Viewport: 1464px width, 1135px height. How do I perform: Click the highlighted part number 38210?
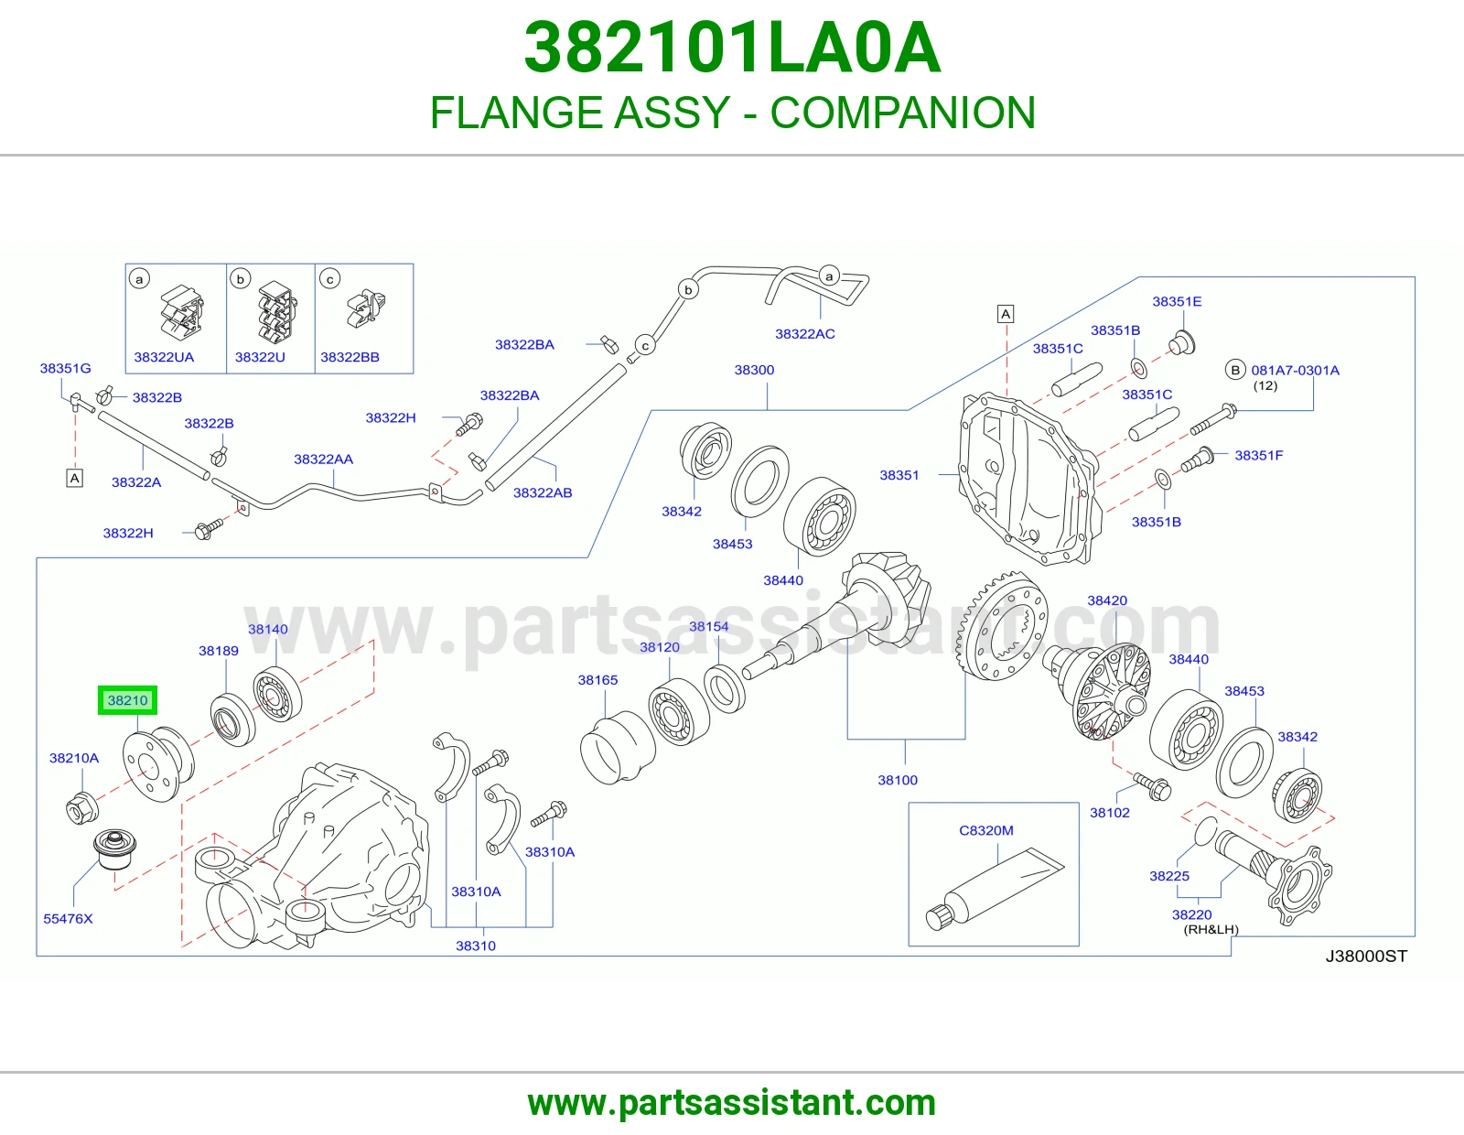point(127,700)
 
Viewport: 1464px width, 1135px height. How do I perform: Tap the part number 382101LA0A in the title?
point(732,48)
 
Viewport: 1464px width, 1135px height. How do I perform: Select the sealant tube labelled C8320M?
point(995,889)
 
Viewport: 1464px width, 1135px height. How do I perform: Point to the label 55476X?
point(68,919)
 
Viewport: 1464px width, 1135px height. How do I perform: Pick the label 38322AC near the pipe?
point(804,333)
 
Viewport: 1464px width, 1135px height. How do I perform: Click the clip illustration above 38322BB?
point(366,308)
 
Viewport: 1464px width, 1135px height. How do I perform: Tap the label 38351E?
point(1177,301)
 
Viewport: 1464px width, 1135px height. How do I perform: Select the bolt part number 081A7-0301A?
point(1295,370)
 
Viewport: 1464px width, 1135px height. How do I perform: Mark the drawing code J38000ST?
point(1366,956)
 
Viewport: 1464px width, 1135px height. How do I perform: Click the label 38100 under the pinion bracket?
point(898,780)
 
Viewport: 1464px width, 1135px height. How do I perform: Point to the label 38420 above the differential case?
point(1107,600)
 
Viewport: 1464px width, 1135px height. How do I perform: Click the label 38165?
point(597,679)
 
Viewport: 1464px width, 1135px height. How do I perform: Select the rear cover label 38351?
point(899,475)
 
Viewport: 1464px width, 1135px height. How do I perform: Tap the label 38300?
point(754,370)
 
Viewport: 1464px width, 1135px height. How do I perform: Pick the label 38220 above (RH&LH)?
point(1192,914)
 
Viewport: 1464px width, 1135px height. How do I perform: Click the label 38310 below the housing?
point(476,946)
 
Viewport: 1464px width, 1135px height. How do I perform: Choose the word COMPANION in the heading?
point(903,113)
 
